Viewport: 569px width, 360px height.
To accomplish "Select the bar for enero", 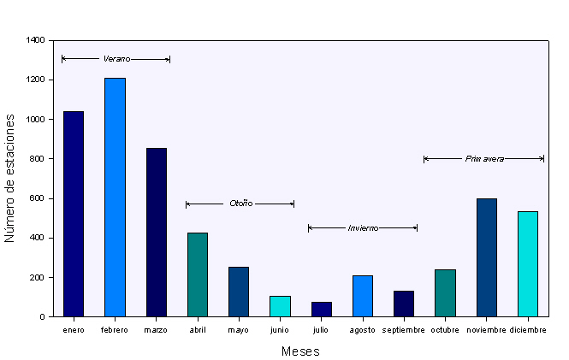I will coord(74,214).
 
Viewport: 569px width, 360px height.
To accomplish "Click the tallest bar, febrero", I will coord(115,198).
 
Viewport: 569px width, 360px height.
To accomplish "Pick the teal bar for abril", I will coord(198,274).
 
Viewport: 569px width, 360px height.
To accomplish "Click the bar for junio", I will coord(280,306).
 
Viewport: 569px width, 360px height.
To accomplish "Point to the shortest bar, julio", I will coord(321,310).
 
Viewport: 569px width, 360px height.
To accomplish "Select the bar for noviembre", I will coord(487,257).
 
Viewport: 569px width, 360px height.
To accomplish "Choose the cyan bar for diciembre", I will coord(528,264).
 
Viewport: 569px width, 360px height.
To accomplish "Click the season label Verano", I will coord(116,59).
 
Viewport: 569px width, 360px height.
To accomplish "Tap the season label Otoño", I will coord(240,204).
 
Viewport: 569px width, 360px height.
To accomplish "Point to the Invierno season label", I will coord(363,228).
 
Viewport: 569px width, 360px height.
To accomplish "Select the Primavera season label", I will coord(484,158).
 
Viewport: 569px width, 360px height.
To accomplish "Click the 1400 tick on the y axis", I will coord(36,40).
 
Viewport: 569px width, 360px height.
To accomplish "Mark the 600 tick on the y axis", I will coord(39,198).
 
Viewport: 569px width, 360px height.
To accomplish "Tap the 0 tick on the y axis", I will coord(43,317).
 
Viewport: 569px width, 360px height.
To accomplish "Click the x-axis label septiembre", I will coord(404,330).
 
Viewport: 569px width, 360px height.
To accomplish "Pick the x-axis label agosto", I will coord(363,330).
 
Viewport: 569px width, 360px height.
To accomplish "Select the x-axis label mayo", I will coord(239,330).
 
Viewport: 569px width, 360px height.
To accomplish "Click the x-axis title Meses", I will coord(300,351).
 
